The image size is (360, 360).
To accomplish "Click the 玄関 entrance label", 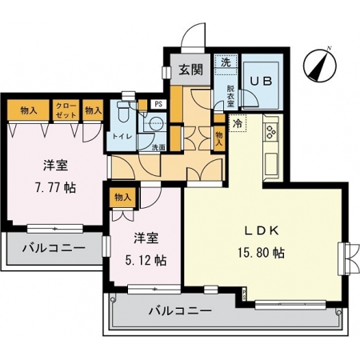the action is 190,70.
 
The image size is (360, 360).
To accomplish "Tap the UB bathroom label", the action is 262,81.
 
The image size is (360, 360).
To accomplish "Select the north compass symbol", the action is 320,65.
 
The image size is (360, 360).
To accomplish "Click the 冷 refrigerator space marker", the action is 238,123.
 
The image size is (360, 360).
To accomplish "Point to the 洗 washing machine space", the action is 226,62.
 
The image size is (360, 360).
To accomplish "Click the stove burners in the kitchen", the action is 271,132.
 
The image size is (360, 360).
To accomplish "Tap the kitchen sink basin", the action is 271,162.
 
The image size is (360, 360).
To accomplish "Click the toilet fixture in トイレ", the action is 122,112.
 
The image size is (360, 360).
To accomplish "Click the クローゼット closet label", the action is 66,110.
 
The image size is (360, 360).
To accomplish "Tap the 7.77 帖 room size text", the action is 55,188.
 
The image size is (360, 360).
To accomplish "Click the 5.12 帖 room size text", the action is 146,260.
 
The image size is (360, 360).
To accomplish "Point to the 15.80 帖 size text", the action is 261,253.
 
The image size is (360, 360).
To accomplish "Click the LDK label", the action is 262,231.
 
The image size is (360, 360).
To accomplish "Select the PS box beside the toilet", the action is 158,104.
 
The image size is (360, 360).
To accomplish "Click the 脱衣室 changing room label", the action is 230,96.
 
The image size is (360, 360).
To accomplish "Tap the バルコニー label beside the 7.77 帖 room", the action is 54,248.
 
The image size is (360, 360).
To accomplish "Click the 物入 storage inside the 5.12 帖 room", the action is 122,198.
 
